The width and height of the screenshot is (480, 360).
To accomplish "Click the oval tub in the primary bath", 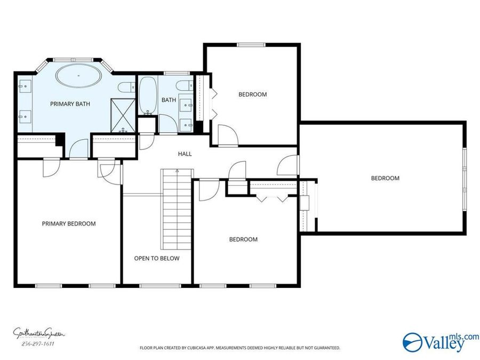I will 79,77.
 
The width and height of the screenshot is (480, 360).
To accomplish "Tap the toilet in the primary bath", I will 126,88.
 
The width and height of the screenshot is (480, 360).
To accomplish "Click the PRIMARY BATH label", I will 70,104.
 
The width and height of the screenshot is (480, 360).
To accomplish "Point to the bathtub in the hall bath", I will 147,95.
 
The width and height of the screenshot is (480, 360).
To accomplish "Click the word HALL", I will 185,154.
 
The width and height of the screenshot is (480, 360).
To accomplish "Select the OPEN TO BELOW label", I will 156,258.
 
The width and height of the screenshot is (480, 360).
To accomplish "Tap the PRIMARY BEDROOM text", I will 69,223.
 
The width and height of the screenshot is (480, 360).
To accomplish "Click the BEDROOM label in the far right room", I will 385,178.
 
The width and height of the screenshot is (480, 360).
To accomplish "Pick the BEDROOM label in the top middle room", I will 252,94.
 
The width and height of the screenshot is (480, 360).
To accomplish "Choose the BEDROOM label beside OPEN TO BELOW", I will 243,239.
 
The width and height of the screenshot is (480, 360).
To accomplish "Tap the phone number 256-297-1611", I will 38,344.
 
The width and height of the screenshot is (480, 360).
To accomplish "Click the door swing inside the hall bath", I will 146,141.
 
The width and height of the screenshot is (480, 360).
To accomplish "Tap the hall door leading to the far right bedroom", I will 288,165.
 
